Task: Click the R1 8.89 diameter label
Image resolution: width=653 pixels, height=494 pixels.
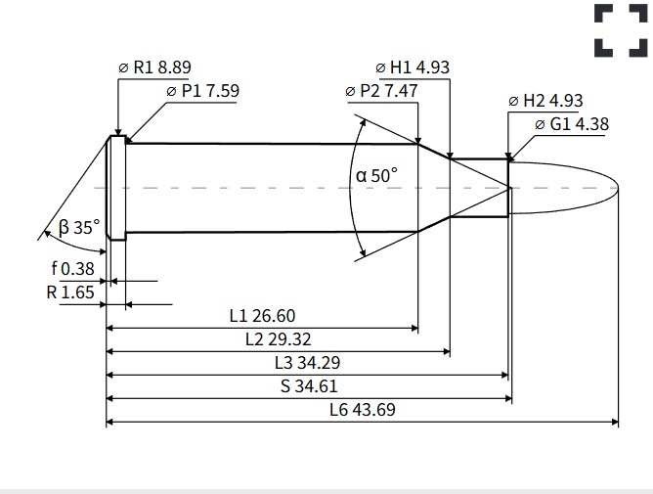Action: [154, 67]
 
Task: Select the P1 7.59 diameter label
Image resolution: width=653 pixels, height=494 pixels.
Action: [202, 91]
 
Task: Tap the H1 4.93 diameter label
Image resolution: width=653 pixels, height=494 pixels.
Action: [413, 67]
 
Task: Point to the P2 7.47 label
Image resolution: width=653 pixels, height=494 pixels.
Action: [381, 91]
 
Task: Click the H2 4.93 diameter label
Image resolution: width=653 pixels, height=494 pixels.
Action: [545, 101]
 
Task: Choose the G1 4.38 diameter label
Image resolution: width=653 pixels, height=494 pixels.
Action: [572, 124]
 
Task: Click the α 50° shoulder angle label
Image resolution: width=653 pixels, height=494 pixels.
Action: [376, 175]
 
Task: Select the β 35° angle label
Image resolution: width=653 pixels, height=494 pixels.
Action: [79, 228]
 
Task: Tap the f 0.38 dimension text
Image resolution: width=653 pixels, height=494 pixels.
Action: [73, 269]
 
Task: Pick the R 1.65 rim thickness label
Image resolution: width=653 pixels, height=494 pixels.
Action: [70, 292]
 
